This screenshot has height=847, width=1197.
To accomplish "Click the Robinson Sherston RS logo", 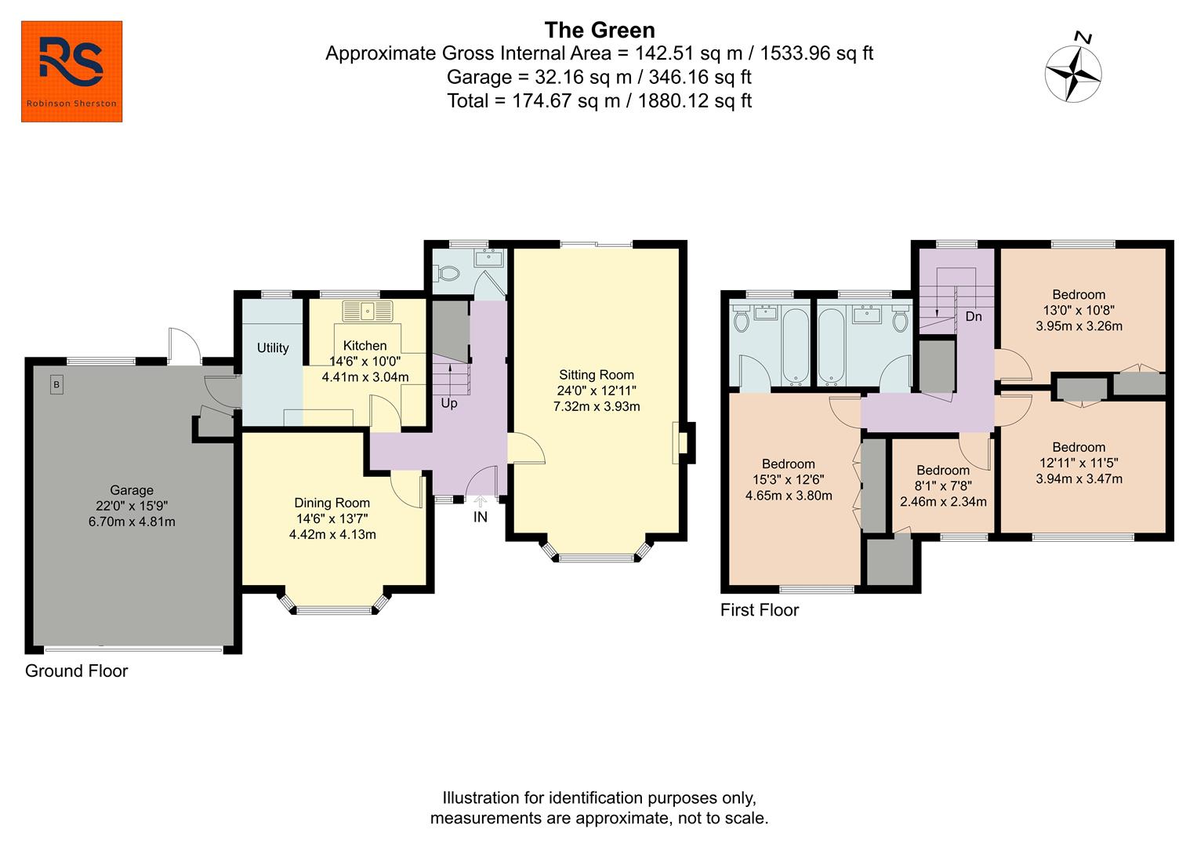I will click(71, 71).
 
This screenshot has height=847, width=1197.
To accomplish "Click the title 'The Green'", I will click(599, 30).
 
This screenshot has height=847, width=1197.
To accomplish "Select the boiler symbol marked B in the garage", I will click(56, 385).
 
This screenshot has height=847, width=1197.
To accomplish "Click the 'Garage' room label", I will click(131, 490).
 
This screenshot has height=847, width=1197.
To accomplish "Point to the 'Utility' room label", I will click(273, 347).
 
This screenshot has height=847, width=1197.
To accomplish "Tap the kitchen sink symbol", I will click(367, 311).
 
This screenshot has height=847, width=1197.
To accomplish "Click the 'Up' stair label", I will click(448, 403).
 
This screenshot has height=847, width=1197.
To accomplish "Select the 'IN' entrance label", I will click(480, 517).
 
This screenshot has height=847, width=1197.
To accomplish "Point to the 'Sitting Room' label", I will click(596, 375).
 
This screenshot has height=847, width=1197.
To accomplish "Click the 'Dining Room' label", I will click(332, 503).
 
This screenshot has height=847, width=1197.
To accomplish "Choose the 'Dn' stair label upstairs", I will click(974, 317).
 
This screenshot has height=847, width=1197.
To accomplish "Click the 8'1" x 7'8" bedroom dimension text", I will click(943, 486).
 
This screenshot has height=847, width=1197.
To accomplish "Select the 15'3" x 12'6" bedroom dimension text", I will click(788, 480).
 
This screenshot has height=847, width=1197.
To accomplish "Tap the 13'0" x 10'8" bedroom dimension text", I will click(1079, 311).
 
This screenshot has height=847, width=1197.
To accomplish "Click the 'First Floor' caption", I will click(759, 610).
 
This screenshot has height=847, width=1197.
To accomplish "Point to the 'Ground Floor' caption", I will click(76, 671).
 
